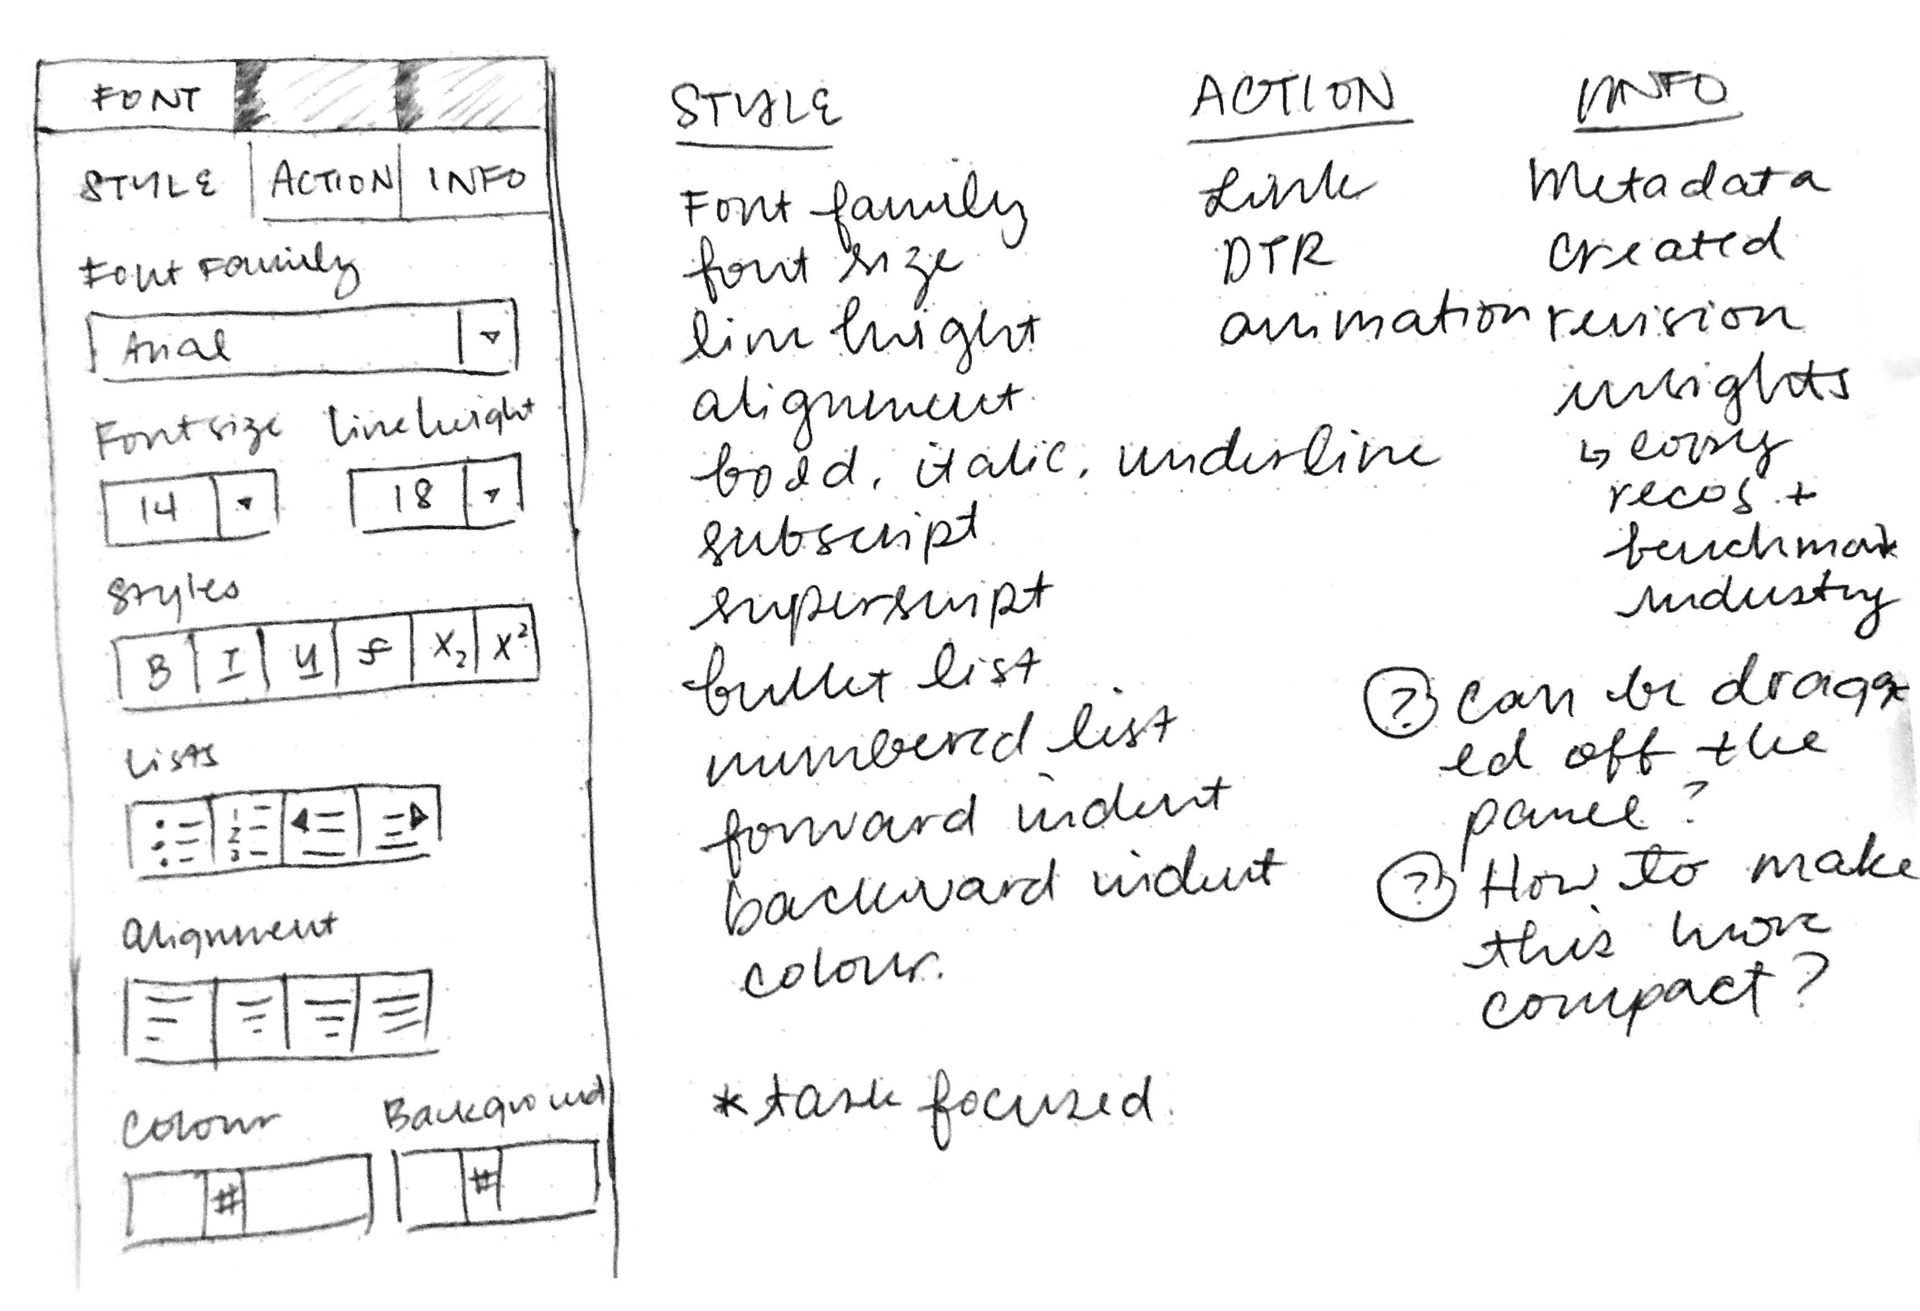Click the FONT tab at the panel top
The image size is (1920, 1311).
[x=145, y=99]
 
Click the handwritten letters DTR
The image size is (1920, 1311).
[x=1275, y=257]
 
